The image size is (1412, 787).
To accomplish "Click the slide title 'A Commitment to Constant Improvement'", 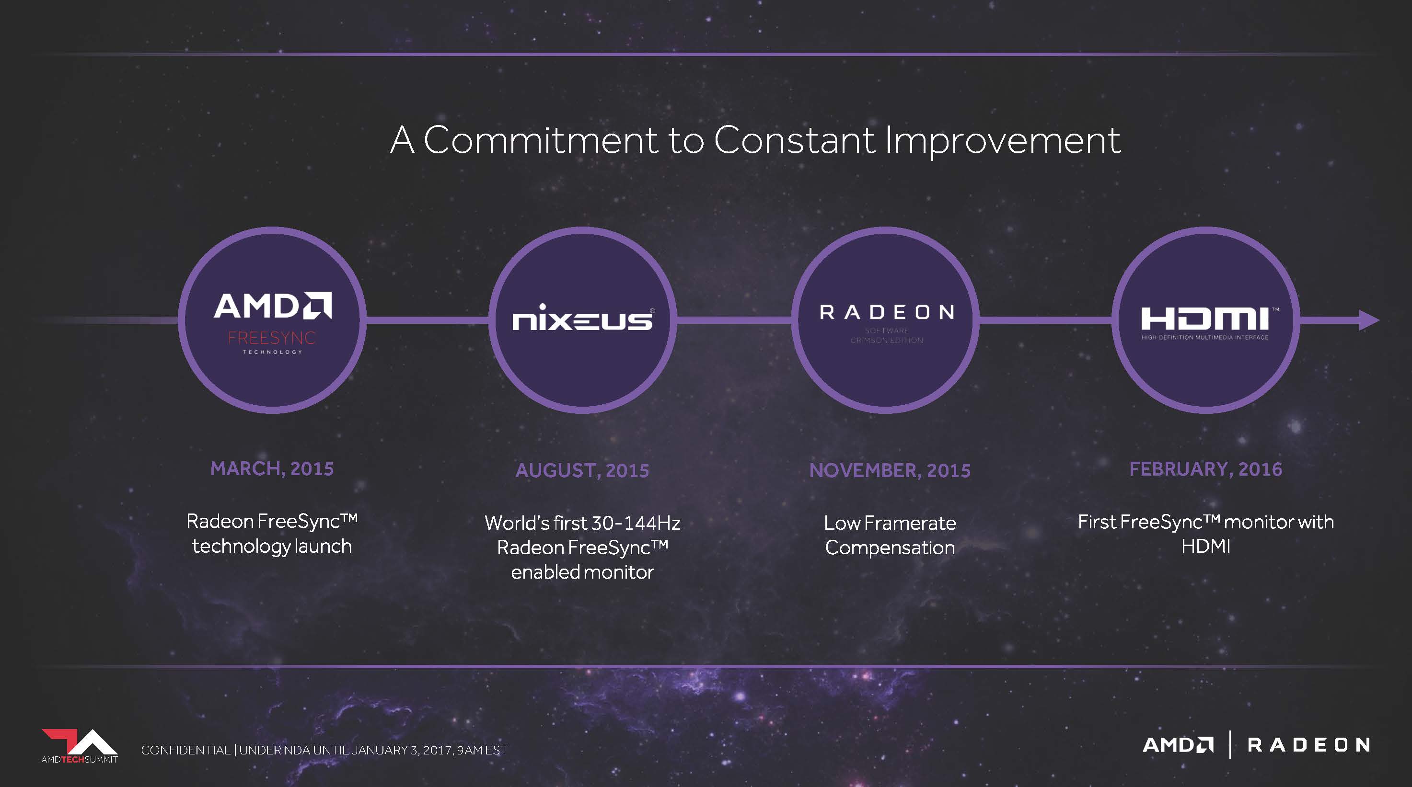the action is point(755,140).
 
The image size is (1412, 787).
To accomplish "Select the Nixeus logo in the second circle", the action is point(583,318).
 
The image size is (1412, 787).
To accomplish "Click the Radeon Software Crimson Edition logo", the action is point(887,324).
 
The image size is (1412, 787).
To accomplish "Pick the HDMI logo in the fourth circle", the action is point(1206,324).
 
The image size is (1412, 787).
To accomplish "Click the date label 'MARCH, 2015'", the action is point(272,469).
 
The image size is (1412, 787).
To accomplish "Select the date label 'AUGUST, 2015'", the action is point(582,470).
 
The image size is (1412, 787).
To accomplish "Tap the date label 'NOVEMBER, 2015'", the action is point(890,470).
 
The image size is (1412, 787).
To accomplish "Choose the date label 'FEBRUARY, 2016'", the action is point(1206,469).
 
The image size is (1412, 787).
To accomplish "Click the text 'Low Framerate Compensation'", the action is point(890,535).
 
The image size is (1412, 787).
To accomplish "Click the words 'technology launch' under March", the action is point(272,546).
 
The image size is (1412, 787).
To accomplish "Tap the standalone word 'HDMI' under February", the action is point(1206,546).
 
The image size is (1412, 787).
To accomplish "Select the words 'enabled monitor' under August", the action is point(583,572).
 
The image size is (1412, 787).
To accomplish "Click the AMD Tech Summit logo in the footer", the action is point(80,746).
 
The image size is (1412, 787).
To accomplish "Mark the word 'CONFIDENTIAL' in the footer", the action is point(185,750).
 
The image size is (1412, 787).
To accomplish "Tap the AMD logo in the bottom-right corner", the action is point(1179,745).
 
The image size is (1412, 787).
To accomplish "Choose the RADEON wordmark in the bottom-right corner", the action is point(1309,745).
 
